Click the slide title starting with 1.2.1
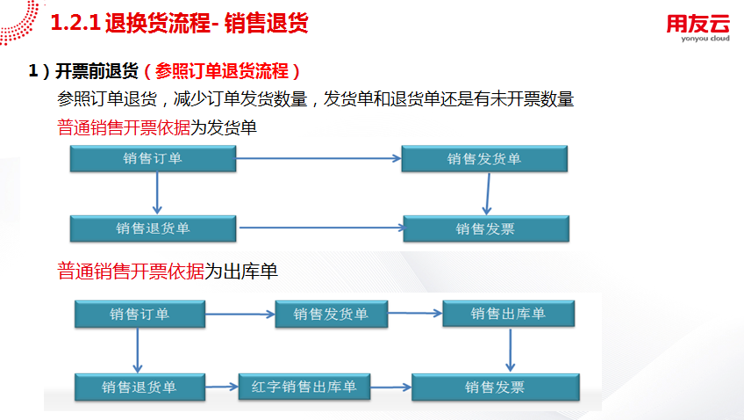[180, 24]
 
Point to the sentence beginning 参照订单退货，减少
[315, 99]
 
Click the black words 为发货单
[224, 128]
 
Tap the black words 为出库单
[241, 272]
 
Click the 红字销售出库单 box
[304, 387]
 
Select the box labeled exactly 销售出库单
[508, 315]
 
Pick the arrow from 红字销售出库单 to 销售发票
[391, 387]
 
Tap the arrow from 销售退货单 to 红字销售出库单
[221, 386]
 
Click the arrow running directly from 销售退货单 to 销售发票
[320, 229]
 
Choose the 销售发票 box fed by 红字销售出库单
[495, 387]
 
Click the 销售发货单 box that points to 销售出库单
[331, 315]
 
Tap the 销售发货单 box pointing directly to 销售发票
[484, 159]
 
